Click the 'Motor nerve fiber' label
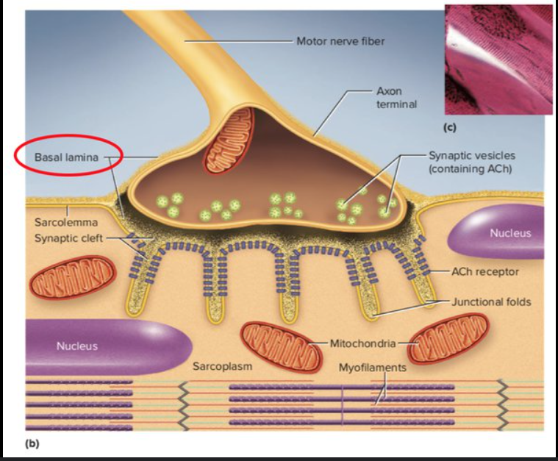340,41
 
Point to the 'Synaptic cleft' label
67,238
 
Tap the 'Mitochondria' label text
362,343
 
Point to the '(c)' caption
448,128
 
